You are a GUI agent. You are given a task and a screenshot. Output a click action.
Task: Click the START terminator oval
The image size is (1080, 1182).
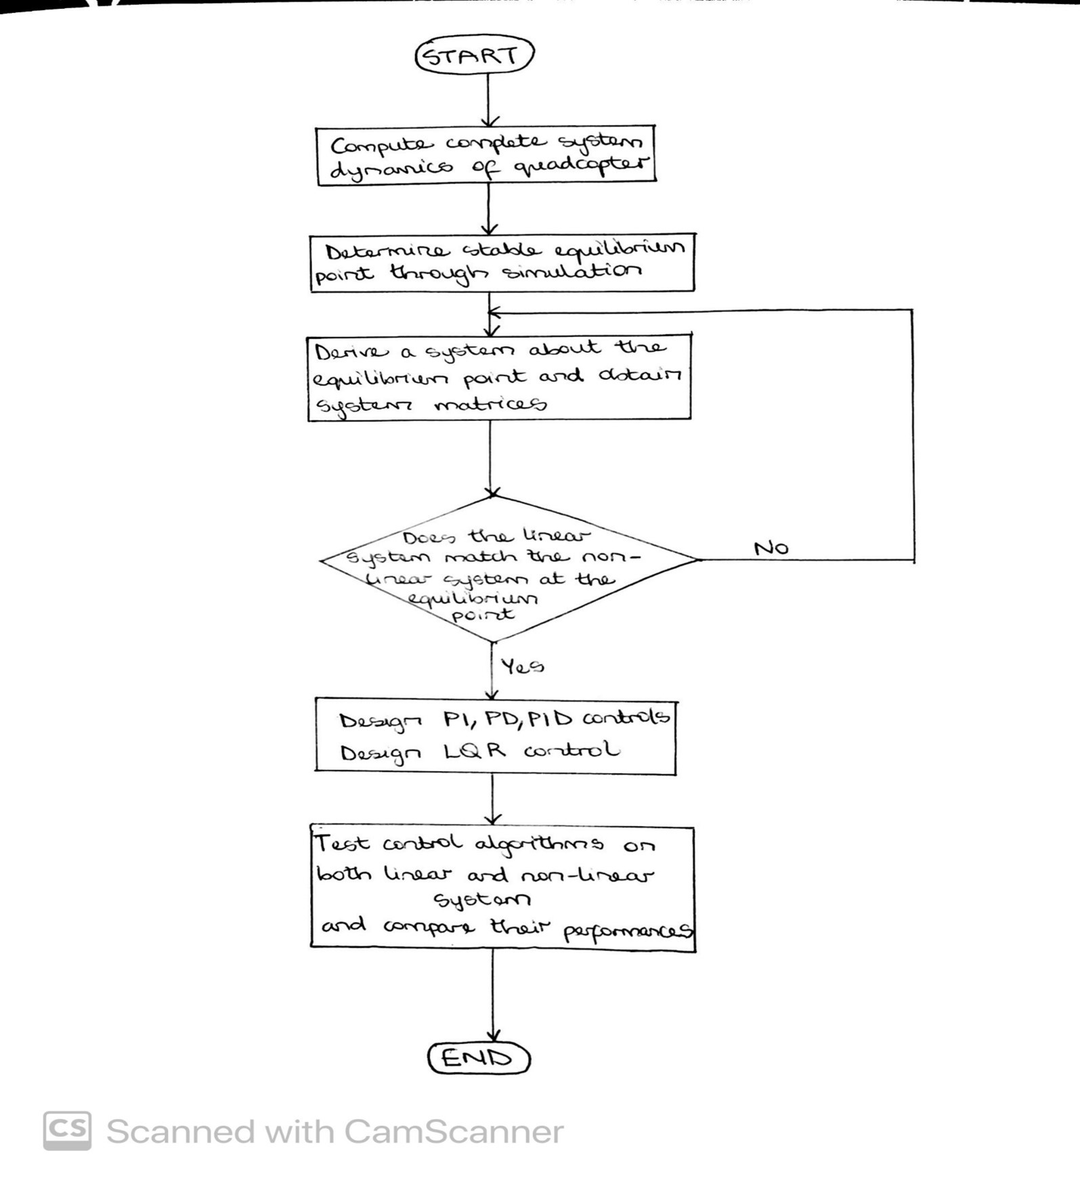[x=474, y=55]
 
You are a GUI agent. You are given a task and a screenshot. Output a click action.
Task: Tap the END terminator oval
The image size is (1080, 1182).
[x=478, y=1058]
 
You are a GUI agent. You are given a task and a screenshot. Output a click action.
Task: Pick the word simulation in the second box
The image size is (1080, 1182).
[x=572, y=272]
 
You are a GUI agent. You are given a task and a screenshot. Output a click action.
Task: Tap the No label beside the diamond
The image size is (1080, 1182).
[x=771, y=547]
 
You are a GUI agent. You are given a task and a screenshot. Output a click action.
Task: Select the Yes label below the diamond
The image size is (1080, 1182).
[x=522, y=667]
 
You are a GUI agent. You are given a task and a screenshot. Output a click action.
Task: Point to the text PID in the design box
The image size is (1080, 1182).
[x=550, y=718]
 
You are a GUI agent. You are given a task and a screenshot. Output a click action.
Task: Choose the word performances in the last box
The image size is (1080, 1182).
[x=628, y=931]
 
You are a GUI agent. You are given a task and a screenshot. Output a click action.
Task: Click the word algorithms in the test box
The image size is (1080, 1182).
[x=538, y=844]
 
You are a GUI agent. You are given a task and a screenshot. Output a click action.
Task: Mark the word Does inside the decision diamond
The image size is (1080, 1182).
[x=429, y=538]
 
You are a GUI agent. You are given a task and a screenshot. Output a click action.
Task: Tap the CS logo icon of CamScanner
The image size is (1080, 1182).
[x=67, y=1130]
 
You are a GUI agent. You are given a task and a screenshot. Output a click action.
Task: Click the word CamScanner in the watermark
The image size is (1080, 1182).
[x=453, y=1131]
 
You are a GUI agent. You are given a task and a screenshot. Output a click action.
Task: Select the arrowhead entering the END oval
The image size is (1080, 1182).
[x=493, y=1035]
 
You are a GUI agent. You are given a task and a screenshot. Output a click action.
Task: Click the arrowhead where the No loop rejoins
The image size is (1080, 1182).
[x=494, y=312]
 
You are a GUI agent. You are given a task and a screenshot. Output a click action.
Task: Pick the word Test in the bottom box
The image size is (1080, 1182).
[x=343, y=844]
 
